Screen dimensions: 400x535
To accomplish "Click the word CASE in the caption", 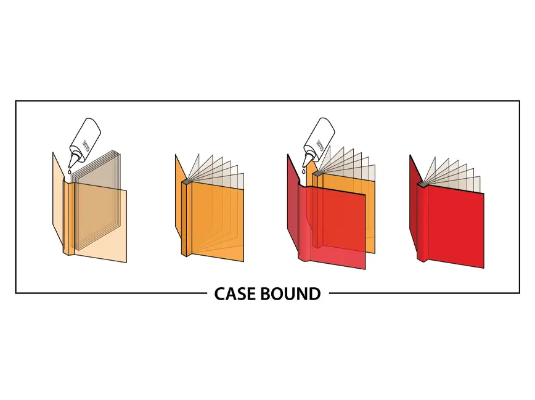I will tap(235, 294).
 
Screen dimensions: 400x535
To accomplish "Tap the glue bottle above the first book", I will tap(85, 136).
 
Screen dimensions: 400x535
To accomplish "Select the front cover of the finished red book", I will tap(456, 225).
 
